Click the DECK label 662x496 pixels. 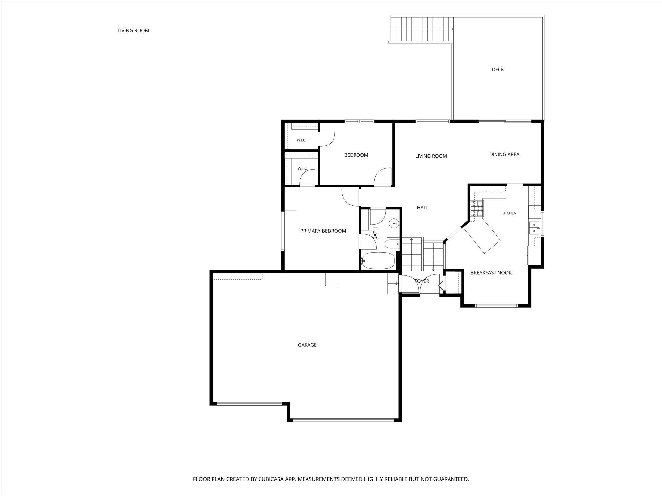coord(498,69)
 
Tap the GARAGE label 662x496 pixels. coord(307,345)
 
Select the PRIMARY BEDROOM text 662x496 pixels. coord(323,231)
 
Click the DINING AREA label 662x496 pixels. coord(504,154)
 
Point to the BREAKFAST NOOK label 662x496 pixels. coord(491,273)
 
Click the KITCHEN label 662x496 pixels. coord(509,213)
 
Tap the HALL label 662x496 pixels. coord(423,208)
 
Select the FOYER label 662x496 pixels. coord(422,281)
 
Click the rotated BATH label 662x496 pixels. coord(375,233)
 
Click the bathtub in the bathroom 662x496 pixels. coord(378,261)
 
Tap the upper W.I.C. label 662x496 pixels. coord(301,140)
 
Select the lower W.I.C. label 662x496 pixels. coord(302,168)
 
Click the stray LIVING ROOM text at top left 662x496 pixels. coord(133,31)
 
